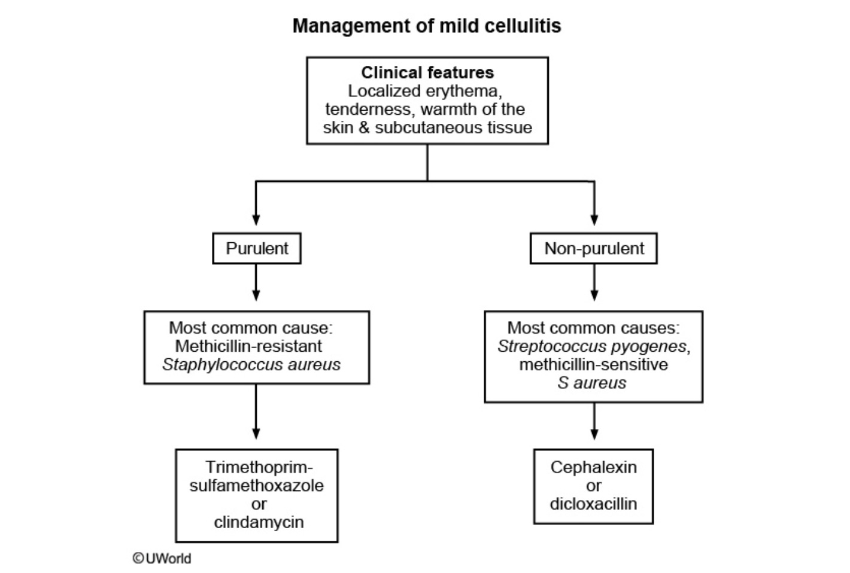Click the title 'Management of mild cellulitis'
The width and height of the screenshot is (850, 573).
pyautogui.click(x=426, y=26)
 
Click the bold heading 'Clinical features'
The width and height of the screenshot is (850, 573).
pyautogui.click(x=427, y=72)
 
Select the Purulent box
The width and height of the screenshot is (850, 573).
pyautogui.click(x=257, y=248)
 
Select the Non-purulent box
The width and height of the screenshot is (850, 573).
pyautogui.click(x=593, y=248)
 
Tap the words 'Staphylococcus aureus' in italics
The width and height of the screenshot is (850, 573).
pyautogui.click(x=251, y=364)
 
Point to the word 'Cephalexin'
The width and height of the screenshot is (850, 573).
pyautogui.click(x=593, y=467)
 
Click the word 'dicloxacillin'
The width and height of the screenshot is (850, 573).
pyautogui.click(x=593, y=504)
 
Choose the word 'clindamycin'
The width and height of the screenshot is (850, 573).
pyautogui.click(x=259, y=522)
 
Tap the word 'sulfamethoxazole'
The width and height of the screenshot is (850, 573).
pyautogui.click(x=257, y=485)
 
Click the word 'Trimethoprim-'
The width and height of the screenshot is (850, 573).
pyautogui.click(x=259, y=467)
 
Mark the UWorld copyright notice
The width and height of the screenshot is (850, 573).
pyautogui.click(x=162, y=558)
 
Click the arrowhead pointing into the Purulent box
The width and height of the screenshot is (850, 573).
pyautogui.click(x=256, y=220)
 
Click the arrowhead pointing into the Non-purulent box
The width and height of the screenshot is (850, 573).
pyautogui.click(x=594, y=220)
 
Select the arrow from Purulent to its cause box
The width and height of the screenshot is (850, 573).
pyautogui.click(x=256, y=282)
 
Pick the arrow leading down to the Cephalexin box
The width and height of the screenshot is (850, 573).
pyautogui.click(x=594, y=422)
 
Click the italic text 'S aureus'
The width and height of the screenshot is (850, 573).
pyautogui.click(x=591, y=383)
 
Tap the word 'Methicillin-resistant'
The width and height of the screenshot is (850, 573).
pyautogui.click(x=248, y=346)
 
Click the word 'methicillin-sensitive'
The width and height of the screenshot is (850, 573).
pyautogui.click(x=593, y=364)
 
